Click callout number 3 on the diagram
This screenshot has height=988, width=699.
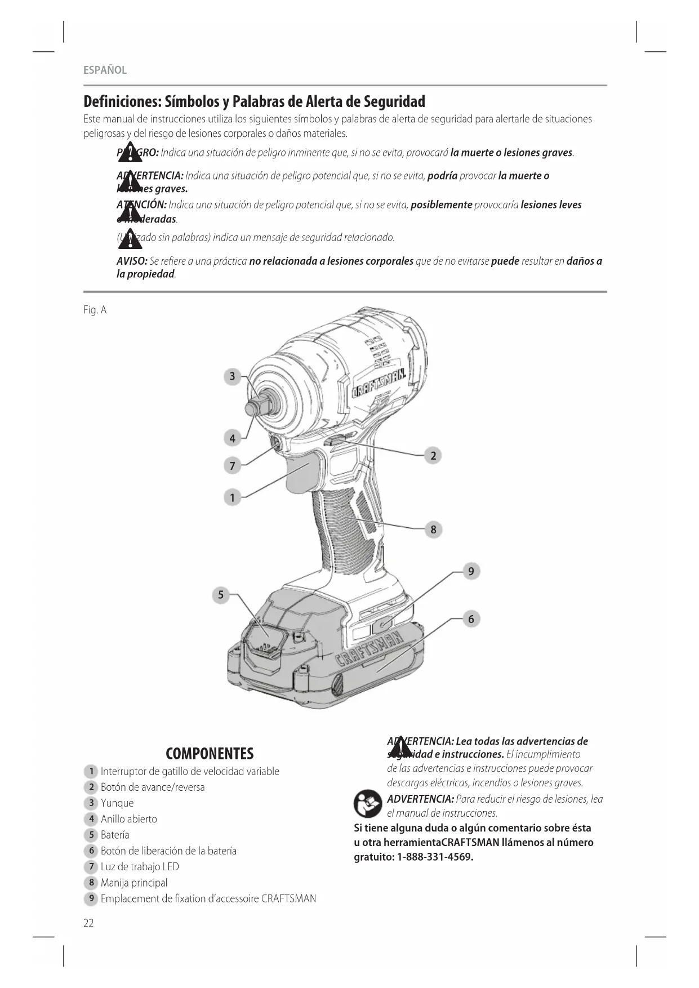pyautogui.click(x=232, y=376)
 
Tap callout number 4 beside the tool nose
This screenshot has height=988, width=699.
pyautogui.click(x=232, y=438)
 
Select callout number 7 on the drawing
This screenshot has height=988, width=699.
pyautogui.click(x=232, y=466)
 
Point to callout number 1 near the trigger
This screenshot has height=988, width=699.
pyautogui.click(x=232, y=497)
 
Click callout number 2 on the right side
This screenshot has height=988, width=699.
pyautogui.click(x=433, y=456)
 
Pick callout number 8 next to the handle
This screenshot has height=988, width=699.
pyautogui.click(x=433, y=529)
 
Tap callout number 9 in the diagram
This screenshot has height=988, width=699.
pyautogui.click(x=471, y=571)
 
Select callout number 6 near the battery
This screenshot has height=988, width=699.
pyautogui.click(x=471, y=619)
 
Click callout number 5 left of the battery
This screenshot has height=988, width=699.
pyautogui.click(x=221, y=595)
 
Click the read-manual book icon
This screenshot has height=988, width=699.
pyautogui.click(x=368, y=804)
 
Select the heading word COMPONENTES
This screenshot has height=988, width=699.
pyautogui.click(x=210, y=754)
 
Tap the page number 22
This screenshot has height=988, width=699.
pyautogui.click(x=88, y=923)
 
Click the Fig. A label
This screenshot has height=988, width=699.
pyautogui.click(x=95, y=310)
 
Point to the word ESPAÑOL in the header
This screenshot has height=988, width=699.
pyautogui.click(x=105, y=70)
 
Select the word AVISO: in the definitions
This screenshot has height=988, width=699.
pyautogui.click(x=132, y=261)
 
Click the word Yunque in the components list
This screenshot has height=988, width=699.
pyautogui.click(x=117, y=803)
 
